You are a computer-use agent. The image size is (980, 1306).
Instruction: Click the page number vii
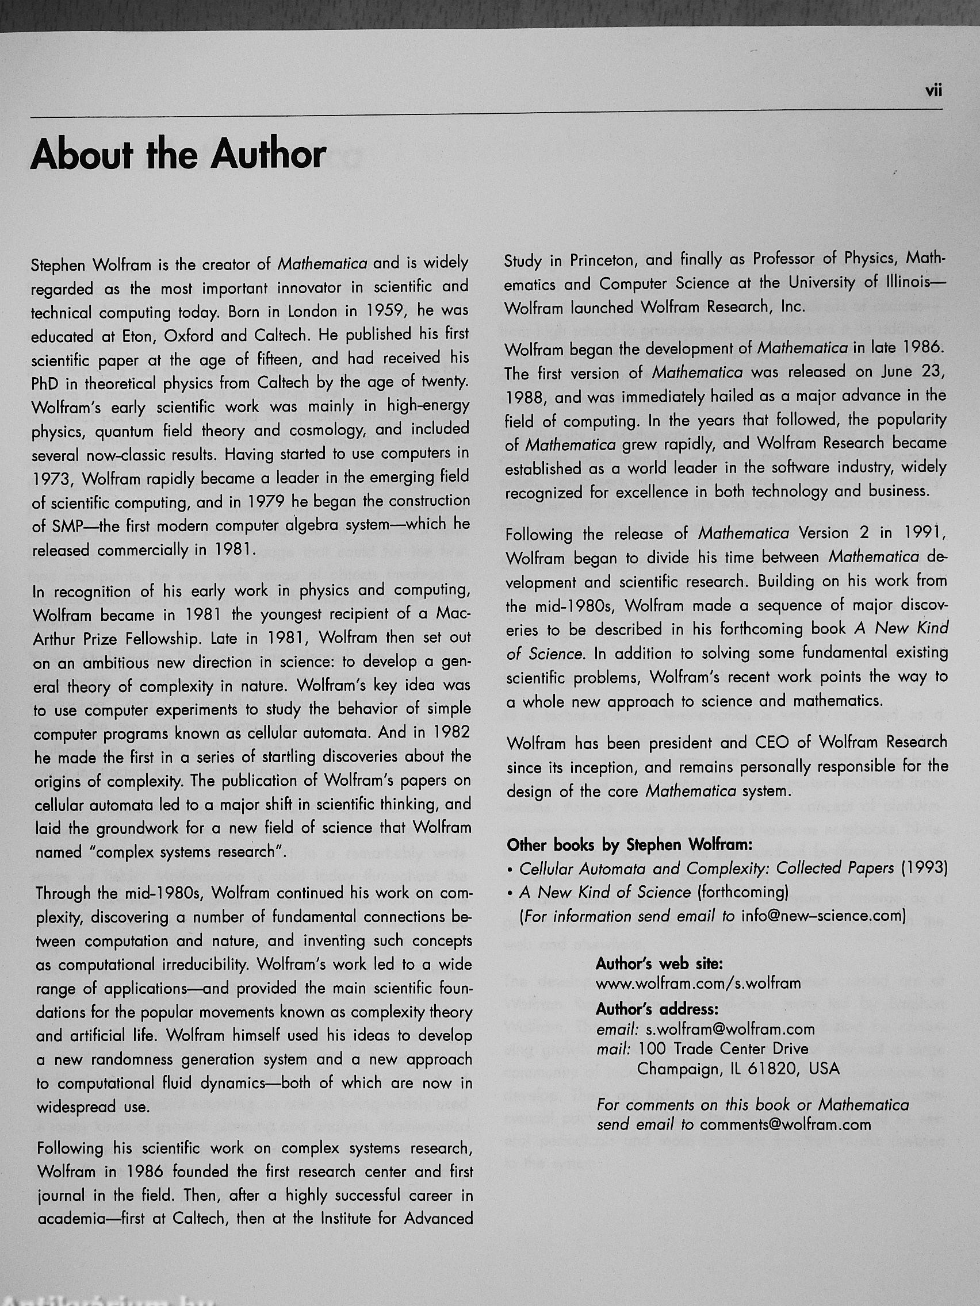pos(933,91)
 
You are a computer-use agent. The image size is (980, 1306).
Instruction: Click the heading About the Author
pos(178,155)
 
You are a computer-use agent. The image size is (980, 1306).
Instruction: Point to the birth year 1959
pos(386,310)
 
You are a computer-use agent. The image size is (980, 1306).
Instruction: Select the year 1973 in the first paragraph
pos(51,479)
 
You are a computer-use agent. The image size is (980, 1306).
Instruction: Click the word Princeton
pos(603,260)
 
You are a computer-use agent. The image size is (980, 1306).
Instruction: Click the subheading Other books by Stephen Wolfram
pos(629,845)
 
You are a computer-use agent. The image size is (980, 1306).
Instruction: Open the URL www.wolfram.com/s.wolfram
pos(698,983)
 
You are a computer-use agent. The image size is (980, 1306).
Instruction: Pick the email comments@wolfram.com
pos(785,1124)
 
